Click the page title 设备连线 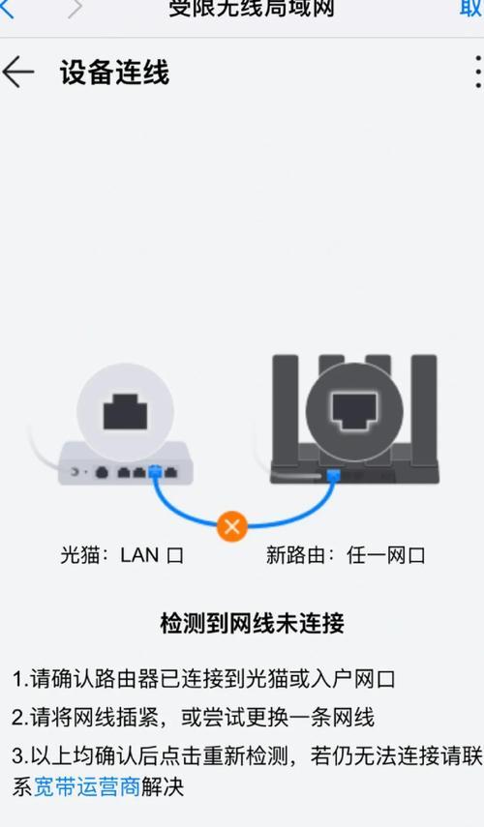[114, 73]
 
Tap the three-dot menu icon [476, 73]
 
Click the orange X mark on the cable [232, 526]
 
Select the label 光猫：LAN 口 [121, 555]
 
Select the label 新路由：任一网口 [346, 555]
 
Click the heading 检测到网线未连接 [252, 622]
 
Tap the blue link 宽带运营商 [87, 787]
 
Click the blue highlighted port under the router [333, 474]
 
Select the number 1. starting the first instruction [20, 678]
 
